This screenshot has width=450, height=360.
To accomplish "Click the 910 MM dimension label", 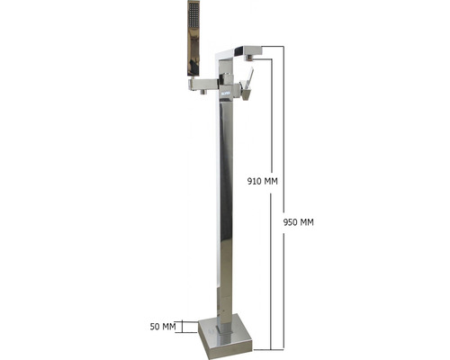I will coord(263,181).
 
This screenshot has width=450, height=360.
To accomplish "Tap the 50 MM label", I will coord(163,325).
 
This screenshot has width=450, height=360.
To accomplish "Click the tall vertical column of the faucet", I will coord(224,207).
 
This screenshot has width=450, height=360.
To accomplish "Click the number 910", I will coord(256,181).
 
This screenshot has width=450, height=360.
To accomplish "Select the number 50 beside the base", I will coord(155,325).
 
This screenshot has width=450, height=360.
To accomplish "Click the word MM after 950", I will coord(307,221).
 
